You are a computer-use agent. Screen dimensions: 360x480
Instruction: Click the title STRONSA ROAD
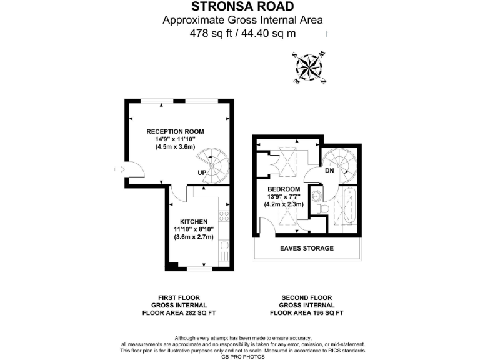click(x=243, y=8)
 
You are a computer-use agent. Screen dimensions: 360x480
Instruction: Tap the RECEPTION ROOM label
click(x=175, y=131)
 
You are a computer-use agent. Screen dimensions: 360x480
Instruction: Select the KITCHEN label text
click(x=194, y=221)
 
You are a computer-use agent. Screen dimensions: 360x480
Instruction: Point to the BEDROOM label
click(x=284, y=189)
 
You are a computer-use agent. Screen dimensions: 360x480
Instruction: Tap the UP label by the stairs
click(x=202, y=172)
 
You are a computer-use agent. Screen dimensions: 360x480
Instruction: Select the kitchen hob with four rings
click(x=224, y=217)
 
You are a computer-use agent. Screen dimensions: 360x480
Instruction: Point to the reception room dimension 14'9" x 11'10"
click(x=175, y=139)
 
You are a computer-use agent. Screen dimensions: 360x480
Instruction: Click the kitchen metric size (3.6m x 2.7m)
click(x=194, y=237)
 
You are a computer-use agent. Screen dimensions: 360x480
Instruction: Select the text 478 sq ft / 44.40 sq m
click(x=243, y=34)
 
